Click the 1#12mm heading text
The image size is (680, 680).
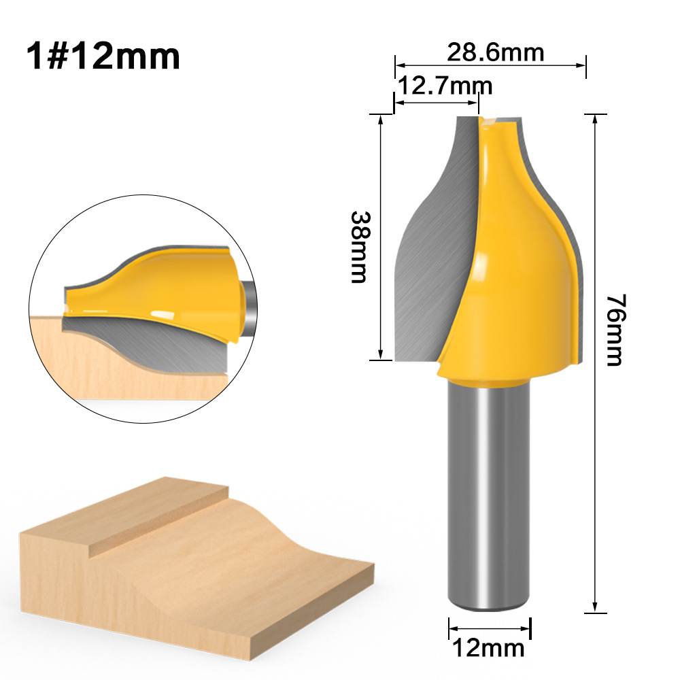(x=103, y=57)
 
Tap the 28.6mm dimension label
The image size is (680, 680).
(x=495, y=52)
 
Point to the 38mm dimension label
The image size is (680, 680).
(x=358, y=246)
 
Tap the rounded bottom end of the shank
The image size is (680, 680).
(x=488, y=607)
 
